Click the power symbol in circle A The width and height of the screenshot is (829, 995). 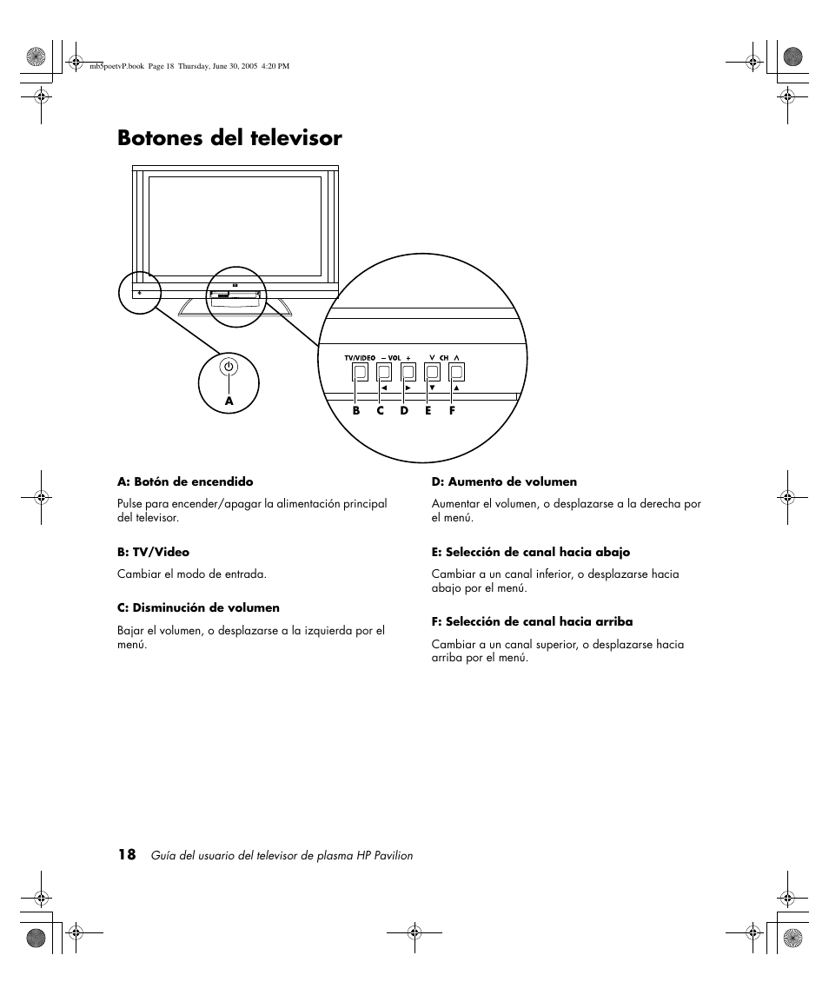coord(229,367)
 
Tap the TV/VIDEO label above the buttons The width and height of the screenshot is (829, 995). coord(360,358)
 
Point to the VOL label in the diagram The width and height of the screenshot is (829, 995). coord(395,358)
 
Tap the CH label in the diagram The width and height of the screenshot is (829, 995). coord(443,358)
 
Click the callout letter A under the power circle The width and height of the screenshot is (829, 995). coord(229,401)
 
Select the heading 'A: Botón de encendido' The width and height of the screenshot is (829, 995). coord(185,481)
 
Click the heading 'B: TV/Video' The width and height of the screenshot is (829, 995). coord(153,552)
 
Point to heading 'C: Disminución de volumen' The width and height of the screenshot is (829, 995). coord(198,608)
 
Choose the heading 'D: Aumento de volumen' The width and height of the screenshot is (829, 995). coord(504,481)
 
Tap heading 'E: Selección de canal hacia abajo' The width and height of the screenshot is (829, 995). coord(531,552)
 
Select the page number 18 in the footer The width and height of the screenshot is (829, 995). coord(127,854)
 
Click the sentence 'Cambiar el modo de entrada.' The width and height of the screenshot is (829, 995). coord(192,574)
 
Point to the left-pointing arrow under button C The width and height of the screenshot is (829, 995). coord(384,388)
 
